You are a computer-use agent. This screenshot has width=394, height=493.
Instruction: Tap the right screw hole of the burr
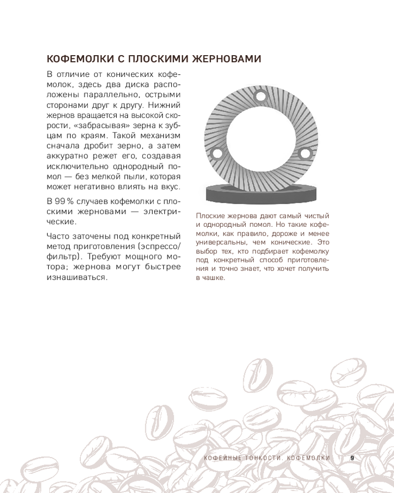click(304, 154)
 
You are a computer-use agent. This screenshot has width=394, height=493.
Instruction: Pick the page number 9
click(352, 458)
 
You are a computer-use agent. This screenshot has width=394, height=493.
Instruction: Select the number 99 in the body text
click(61, 201)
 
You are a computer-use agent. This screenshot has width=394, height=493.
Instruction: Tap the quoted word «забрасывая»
click(111, 126)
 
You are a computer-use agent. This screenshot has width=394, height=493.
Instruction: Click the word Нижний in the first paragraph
click(166, 105)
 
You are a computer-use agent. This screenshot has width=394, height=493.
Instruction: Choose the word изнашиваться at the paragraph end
click(77, 278)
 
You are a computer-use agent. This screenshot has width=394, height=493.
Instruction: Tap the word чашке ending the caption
click(214, 278)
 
